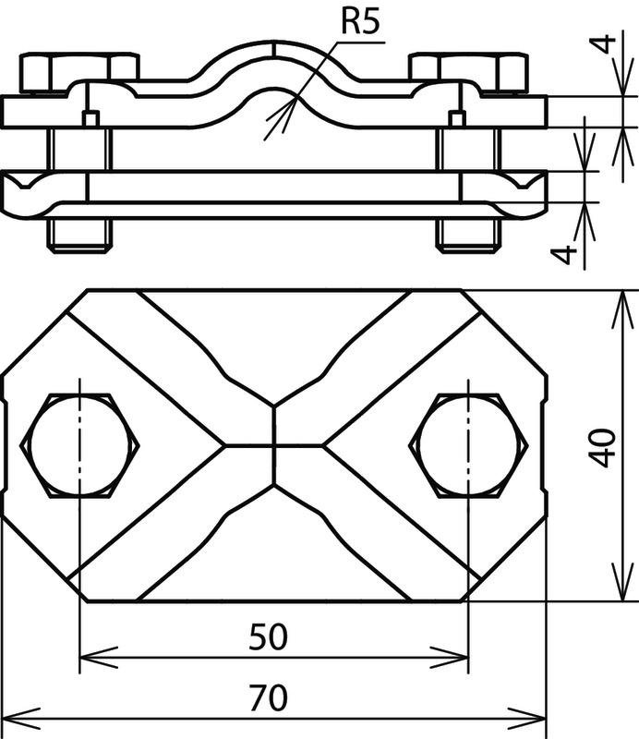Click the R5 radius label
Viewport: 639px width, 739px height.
[359, 21]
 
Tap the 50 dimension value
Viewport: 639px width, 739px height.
[268, 636]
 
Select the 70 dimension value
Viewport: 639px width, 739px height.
[268, 698]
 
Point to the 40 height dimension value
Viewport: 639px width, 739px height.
[603, 447]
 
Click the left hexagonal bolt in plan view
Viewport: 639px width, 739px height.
[79, 445]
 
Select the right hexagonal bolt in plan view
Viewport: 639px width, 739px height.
[468, 445]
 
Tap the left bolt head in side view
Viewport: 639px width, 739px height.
[79, 73]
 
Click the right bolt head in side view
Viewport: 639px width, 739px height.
[468, 73]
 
